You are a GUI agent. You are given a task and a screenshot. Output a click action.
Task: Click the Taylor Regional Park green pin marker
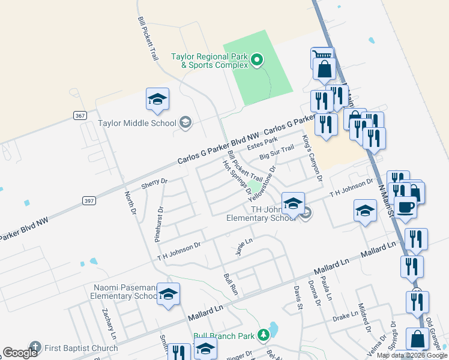[x=257, y=59]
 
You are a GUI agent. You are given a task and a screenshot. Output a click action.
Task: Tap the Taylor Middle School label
[x=137, y=124]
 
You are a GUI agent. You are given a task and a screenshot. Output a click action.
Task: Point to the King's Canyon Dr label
[x=313, y=158]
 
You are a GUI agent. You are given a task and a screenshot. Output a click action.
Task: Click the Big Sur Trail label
[x=277, y=152]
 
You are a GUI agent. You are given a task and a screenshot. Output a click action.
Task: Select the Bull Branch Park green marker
[x=263, y=334]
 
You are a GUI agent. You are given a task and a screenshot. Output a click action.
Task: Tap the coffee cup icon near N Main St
[x=405, y=206]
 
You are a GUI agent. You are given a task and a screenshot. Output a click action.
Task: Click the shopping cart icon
[x=321, y=57]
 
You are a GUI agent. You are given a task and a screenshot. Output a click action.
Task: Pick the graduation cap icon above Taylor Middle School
[x=157, y=100]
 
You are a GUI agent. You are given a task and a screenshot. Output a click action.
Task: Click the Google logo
[x=20, y=353]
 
